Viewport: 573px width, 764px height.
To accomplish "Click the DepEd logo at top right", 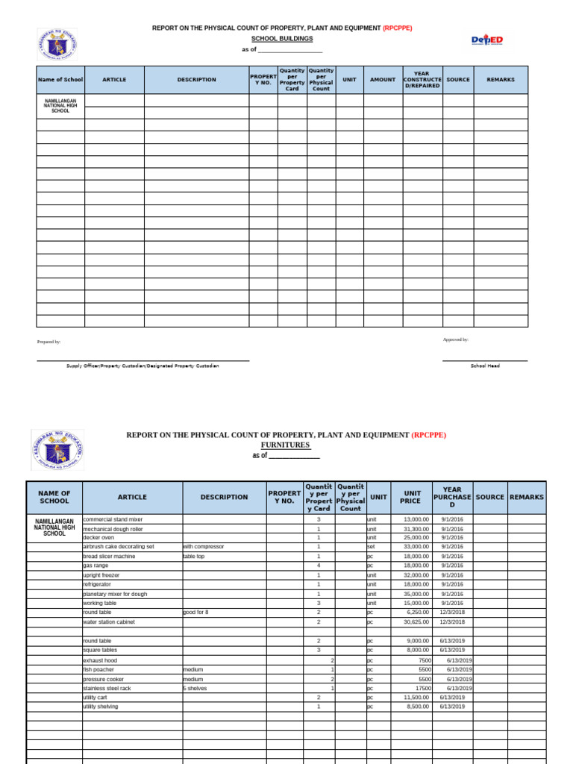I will [x=487, y=40].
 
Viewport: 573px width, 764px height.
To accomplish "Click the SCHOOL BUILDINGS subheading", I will [x=282, y=38].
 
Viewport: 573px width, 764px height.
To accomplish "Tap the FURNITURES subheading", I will [x=285, y=445].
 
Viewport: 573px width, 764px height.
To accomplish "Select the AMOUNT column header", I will [x=383, y=80].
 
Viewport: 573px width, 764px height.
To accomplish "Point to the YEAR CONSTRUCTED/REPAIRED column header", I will [x=422, y=80].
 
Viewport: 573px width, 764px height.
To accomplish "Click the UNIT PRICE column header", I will [x=411, y=497].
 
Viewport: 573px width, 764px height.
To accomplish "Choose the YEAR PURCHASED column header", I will [x=451, y=497].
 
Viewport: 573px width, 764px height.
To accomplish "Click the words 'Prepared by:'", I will [x=49, y=342].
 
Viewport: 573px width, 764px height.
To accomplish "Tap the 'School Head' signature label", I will [x=485, y=366].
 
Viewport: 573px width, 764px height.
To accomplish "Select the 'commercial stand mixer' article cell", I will [x=113, y=519].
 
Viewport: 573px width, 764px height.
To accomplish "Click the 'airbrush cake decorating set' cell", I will [x=119, y=547].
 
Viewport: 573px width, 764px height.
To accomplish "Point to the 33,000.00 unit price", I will [x=416, y=547].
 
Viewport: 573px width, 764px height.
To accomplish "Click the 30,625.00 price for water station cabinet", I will [x=416, y=621].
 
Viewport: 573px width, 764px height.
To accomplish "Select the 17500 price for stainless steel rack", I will [x=423, y=688].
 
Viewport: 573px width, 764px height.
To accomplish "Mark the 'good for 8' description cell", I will [x=195, y=612].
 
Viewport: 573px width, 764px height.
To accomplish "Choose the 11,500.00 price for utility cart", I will [x=416, y=697].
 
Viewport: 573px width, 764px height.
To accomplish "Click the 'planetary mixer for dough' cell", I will [x=115, y=594].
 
